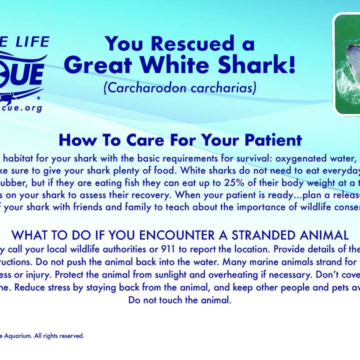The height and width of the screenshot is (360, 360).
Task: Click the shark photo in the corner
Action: click(x=347, y=64)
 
